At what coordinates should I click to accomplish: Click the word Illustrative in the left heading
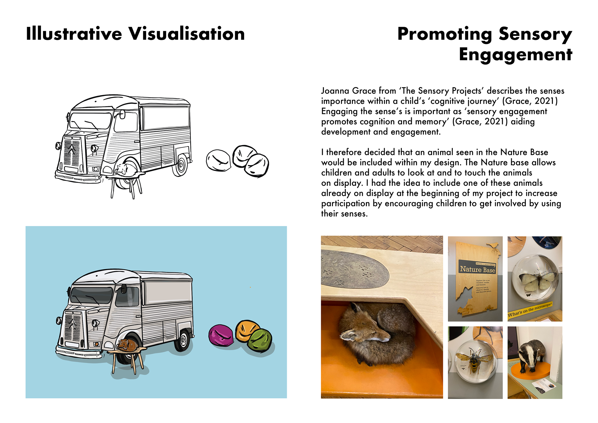(x=74, y=34)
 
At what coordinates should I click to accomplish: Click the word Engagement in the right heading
(x=515, y=55)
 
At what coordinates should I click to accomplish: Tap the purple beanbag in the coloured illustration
(x=221, y=335)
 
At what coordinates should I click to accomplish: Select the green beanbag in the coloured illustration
(x=260, y=341)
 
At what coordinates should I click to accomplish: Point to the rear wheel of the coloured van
(x=183, y=340)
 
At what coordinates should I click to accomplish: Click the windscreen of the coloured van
(x=91, y=295)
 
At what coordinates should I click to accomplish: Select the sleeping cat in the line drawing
(x=126, y=170)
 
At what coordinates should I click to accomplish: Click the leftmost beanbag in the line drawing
(x=218, y=160)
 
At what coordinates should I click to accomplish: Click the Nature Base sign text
(x=477, y=269)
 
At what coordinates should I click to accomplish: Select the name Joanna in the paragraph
(x=335, y=91)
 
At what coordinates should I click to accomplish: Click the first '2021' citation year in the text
(x=544, y=101)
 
